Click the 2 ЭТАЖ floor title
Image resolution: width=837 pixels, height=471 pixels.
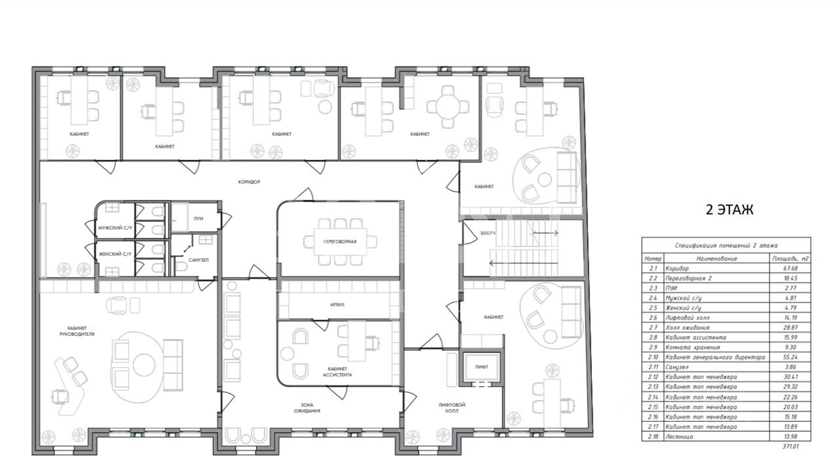pyautogui.click(x=729, y=210)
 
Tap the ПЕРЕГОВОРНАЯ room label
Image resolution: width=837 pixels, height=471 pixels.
pyautogui.click(x=340, y=242)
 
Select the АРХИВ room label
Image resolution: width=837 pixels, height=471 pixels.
pyautogui.click(x=337, y=305)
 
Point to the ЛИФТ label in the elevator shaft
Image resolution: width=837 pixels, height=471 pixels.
pyautogui.click(x=481, y=367)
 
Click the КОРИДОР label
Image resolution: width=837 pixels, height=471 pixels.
pyautogui.click(x=249, y=182)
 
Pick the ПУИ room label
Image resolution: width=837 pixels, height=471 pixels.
pyautogui.click(x=198, y=218)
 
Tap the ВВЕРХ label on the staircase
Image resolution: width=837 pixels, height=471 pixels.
pyautogui.click(x=488, y=233)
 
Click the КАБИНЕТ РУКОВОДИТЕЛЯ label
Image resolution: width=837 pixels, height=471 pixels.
pyautogui.click(x=77, y=331)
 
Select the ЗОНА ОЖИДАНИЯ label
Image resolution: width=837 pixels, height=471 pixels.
pyautogui.click(x=307, y=408)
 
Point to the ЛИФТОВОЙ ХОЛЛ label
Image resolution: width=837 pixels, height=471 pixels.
pyautogui.click(x=452, y=408)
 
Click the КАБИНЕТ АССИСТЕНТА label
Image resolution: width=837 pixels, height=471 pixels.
pyautogui.click(x=337, y=372)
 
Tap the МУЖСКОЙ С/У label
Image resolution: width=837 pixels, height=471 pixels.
pyautogui.click(x=115, y=228)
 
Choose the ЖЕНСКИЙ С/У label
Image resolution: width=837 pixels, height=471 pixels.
pyautogui.click(x=115, y=254)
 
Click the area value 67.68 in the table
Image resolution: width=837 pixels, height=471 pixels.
pyautogui.click(x=790, y=269)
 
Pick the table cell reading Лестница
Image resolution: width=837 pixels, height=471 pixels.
pyautogui.click(x=679, y=437)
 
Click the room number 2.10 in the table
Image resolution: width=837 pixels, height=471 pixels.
pyautogui.click(x=653, y=357)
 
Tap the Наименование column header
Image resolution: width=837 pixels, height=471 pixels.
pyautogui.click(x=717, y=259)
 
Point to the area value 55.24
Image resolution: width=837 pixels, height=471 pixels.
pyautogui.click(x=790, y=357)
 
